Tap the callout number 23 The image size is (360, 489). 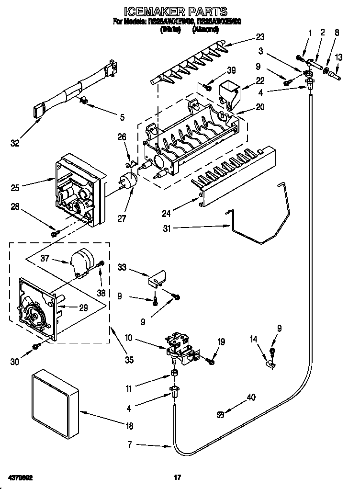point(260,36)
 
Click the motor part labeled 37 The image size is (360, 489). point(81,262)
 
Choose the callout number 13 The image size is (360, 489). point(338,57)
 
